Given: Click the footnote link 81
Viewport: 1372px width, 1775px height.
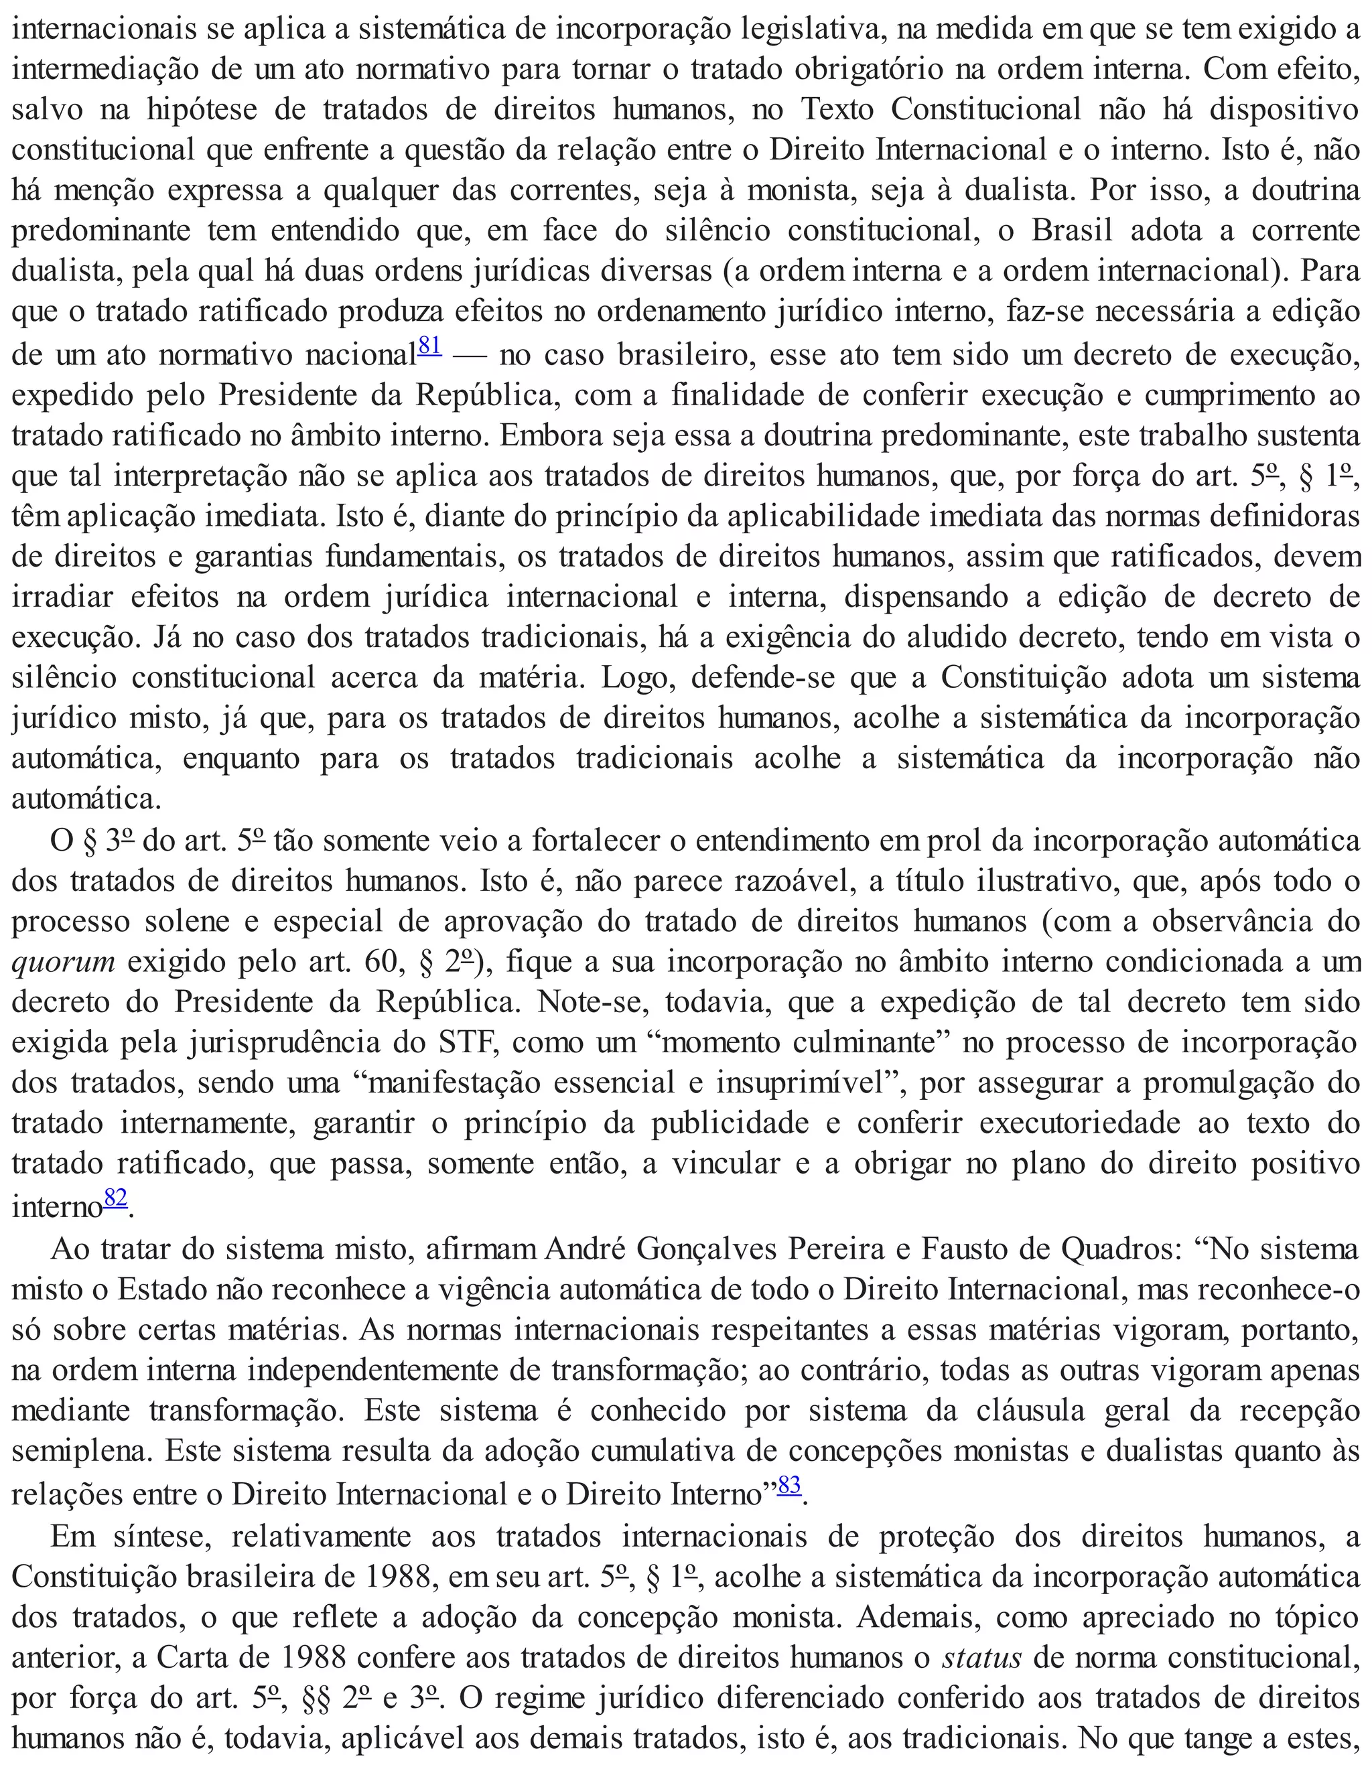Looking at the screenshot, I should [x=429, y=346].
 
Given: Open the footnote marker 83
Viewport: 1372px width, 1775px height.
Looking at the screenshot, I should [x=789, y=1485].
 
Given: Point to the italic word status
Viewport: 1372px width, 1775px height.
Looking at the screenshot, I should [x=982, y=1656].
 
